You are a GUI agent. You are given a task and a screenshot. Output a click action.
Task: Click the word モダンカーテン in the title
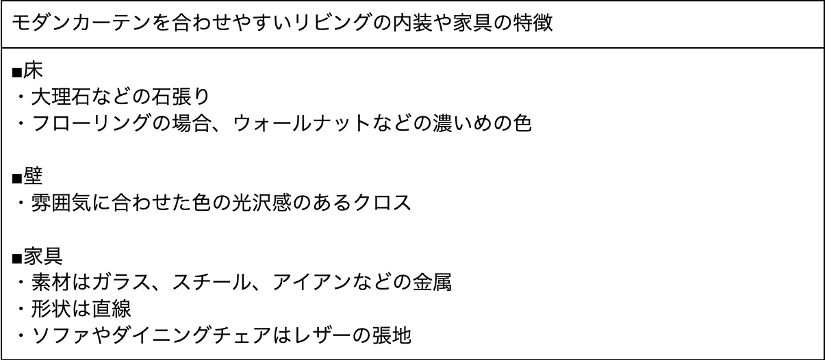coord(73,25)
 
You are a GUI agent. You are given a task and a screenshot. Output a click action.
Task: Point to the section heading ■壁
coord(27,178)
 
